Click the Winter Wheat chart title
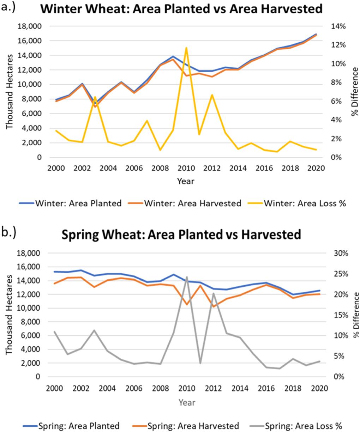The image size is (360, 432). click(x=181, y=8)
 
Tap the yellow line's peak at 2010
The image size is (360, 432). click(x=186, y=48)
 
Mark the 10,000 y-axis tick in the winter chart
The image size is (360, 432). click(x=31, y=85)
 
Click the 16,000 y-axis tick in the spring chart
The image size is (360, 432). click(x=31, y=267)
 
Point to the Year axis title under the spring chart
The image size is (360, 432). click(x=186, y=402)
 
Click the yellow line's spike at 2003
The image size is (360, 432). click(x=95, y=97)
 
